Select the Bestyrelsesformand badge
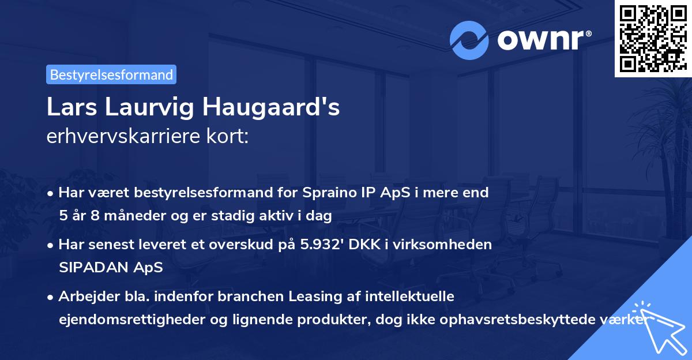pyautogui.click(x=111, y=74)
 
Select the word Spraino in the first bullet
pyautogui.click(x=325, y=193)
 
